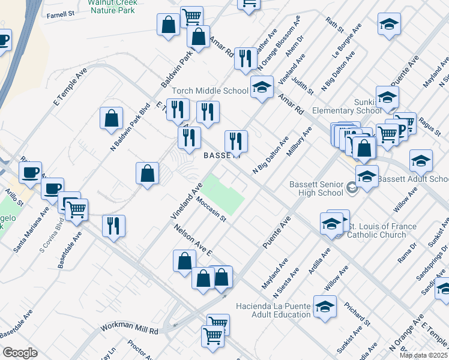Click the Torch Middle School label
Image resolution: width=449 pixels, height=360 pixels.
(210, 91)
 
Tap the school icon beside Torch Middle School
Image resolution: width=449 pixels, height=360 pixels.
(261, 88)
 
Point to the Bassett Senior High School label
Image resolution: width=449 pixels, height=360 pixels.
(316, 188)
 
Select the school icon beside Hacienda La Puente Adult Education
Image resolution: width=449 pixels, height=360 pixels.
(325, 308)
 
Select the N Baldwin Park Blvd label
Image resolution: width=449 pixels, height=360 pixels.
(130, 127)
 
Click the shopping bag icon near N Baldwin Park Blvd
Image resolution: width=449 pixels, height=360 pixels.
(112, 119)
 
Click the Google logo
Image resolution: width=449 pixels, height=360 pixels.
(19, 352)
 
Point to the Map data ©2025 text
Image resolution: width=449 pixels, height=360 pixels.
(423, 355)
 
